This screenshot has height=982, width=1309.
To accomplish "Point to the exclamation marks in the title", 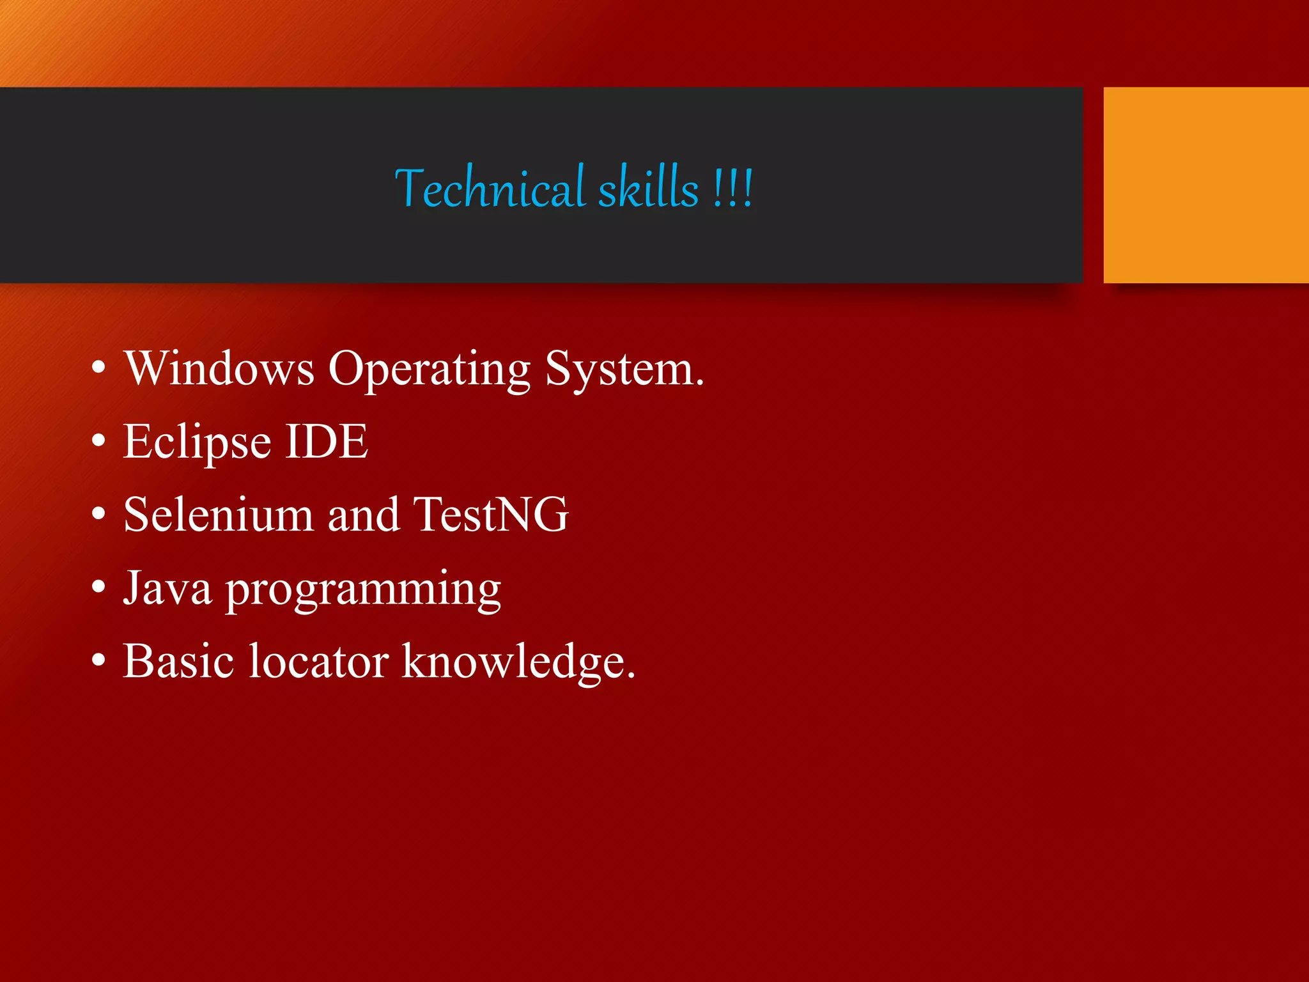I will click(x=734, y=189).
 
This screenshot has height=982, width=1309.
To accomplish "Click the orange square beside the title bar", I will click(x=1205, y=185).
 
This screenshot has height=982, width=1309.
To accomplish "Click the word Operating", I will click(x=429, y=370).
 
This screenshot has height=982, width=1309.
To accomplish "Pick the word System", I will click(x=624, y=370).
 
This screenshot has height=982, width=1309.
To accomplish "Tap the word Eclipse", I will click(x=197, y=442).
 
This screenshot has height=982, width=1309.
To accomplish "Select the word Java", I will click(x=167, y=588).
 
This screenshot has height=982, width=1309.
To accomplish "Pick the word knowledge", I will click(x=518, y=662).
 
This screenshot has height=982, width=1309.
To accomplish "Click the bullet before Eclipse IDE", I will click(x=98, y=441).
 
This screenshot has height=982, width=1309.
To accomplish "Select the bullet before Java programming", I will click(x=98, y=587).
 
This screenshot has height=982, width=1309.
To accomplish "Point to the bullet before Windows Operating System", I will click(x=98, y=368).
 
